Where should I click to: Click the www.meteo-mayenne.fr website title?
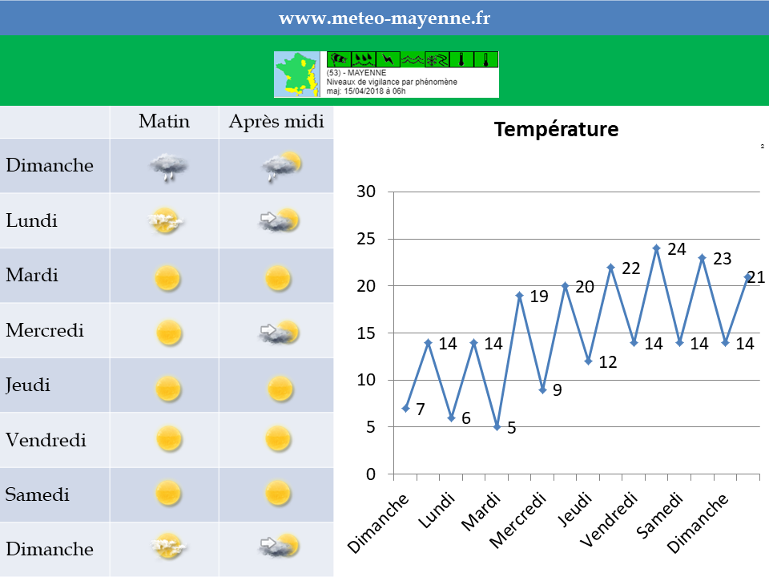(384, 18)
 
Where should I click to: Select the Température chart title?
(556, 129)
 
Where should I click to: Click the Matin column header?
(163, 121)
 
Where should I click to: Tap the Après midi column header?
(276, 122)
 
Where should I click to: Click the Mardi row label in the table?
(32, 275)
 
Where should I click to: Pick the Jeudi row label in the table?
(28, 385)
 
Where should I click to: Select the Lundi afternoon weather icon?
(279, 220)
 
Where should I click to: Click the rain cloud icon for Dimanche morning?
(168, 167)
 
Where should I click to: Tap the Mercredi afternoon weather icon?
(279, 332)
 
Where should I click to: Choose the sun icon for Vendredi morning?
(169, 438)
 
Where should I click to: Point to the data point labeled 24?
(657, 248)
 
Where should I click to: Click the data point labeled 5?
(497, 427)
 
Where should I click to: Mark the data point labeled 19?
(520, 296)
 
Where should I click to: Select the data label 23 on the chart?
(722, 259)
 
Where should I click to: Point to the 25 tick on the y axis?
(366, 239)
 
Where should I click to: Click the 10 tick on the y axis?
(366, 380)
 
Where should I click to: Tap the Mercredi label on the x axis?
(518, 520)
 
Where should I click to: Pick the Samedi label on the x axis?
(659, 515)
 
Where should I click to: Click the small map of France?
(296, 74)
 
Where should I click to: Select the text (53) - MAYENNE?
(356, 73)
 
